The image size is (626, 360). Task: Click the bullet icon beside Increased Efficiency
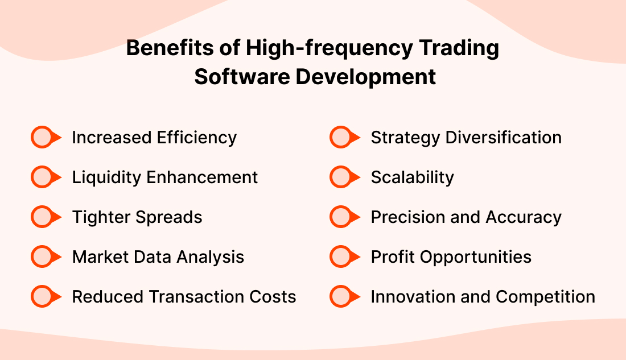(x=44, y=138)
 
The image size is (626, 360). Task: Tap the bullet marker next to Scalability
(x=343, y=177)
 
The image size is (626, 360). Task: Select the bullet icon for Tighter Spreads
(x=44, y=217)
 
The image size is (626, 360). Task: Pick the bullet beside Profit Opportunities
(x=343, y=257)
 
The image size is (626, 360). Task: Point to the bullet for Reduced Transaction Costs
(x=44, y=297)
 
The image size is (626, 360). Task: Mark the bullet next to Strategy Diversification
(x=343, y=138)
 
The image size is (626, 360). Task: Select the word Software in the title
(x=241, y=77)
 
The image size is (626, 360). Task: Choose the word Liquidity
(x=106, y=178)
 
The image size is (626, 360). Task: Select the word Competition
(x=545, y=297)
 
